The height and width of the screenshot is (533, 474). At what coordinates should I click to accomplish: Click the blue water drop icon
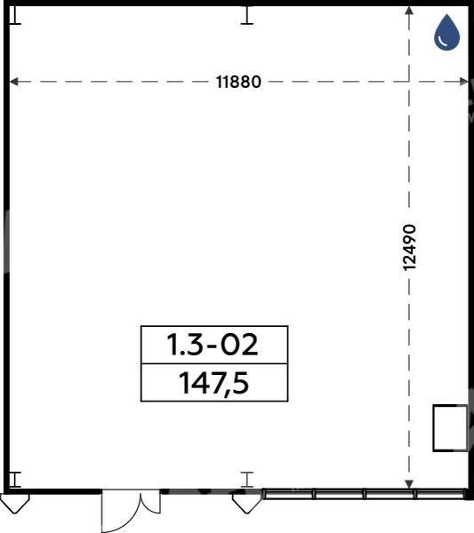446,32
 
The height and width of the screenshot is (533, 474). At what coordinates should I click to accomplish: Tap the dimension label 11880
238,82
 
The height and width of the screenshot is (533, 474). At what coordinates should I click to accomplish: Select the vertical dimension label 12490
409,247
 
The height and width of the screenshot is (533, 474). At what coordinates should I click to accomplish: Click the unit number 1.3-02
213,345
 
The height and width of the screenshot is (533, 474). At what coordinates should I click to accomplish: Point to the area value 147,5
214,383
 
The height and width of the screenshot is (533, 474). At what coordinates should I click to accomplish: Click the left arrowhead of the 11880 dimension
13,82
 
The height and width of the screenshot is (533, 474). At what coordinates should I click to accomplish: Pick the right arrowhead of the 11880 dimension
464,82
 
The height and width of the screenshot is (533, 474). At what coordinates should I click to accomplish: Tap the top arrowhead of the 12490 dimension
409,10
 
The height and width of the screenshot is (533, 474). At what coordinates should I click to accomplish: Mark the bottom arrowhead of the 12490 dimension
409,484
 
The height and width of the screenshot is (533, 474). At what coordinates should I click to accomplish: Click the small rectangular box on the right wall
450,428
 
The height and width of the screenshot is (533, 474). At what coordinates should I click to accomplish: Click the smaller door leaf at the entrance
151,503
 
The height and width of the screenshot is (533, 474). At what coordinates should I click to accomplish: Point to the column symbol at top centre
247,15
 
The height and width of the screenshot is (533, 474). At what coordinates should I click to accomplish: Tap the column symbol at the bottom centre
247,480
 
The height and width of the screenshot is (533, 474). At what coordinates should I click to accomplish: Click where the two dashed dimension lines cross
409,82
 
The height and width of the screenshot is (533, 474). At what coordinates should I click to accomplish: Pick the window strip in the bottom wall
366,494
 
